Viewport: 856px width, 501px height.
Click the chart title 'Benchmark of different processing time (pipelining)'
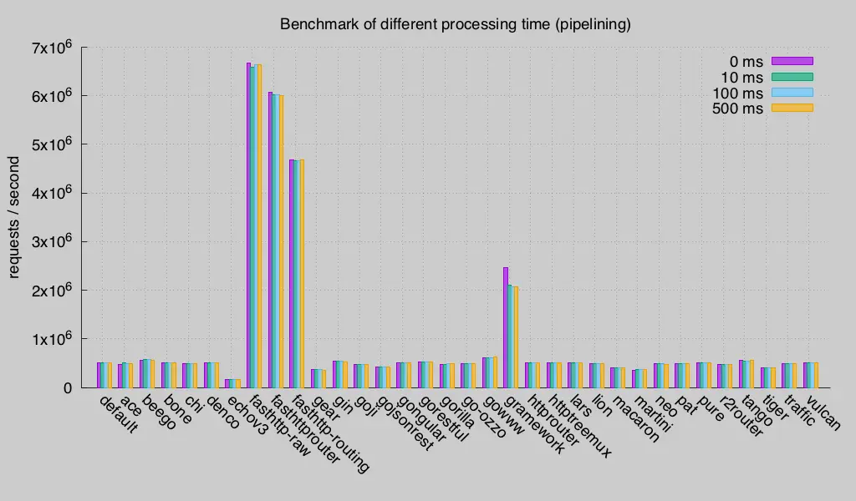(x=455, y=24)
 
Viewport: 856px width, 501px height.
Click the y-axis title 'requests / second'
(x=14, y=216)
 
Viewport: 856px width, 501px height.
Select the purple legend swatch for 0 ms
(x=792, y=60)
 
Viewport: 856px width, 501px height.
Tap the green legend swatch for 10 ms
(x=792, y=76)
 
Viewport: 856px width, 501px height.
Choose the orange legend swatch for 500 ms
(x=792, y=108)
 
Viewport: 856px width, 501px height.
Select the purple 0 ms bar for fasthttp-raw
(x=248, y=225)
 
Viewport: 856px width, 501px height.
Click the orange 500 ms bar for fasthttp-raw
(x=259, y=225)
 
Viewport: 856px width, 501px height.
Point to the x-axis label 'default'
(x=118, y=414)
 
